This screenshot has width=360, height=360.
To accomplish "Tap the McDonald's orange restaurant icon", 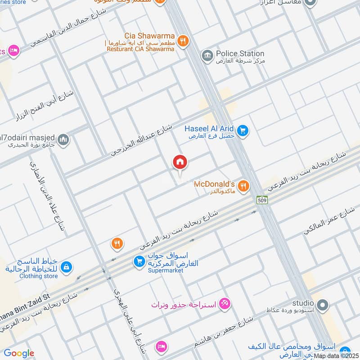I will click(243, 185).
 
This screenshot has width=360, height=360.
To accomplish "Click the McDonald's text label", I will click(214, 184).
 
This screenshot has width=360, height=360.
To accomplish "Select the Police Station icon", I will click(207, 55).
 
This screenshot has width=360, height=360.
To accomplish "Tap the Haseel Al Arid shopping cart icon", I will click(243, 130).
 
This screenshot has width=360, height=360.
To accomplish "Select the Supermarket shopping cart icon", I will click(139, 261).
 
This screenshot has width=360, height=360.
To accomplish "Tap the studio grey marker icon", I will click(322, 306).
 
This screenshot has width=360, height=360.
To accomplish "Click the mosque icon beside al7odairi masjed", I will click(63, 139).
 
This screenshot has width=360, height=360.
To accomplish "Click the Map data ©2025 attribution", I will click(336, 355).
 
